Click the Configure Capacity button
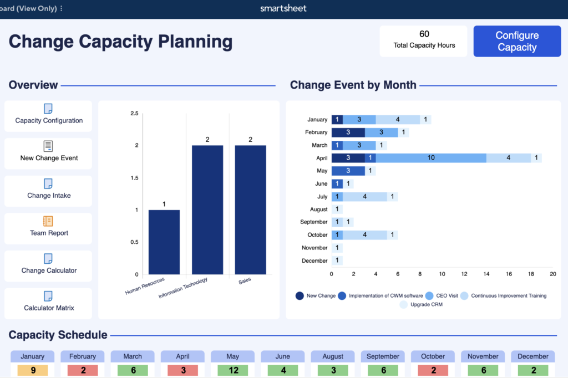(x=516, y=42)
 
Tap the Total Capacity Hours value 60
(x=424, y=34)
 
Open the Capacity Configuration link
(x=49, y=120)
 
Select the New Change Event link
(x=49, y=158)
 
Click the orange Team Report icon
(x=48, y=221)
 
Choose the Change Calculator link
(x=49, y=270)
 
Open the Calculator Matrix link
(x=49, y=308)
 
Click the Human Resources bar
(x=164, y=242)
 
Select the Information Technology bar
(x=207, y=210)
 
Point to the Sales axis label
(x=245, y=280)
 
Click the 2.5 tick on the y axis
(x=134, y=114)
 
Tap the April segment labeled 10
(x=431, y=158)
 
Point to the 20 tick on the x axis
(x=552, y=274)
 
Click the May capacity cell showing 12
(x=233, y=370)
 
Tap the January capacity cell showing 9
(x=32, y=370)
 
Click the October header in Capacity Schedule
(x=433, y=356)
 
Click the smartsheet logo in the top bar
(x=283, y=8)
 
